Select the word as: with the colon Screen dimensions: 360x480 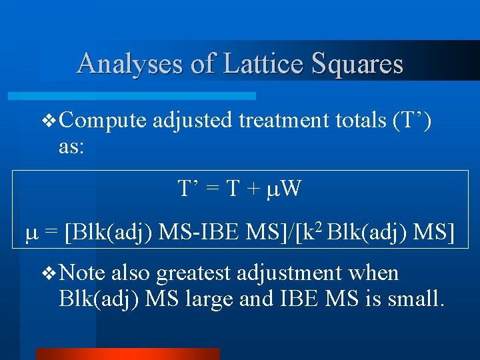tap(71, 147)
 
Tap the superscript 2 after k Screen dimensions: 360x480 tap(321, 228)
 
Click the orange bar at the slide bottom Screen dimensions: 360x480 tap(127, 354)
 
